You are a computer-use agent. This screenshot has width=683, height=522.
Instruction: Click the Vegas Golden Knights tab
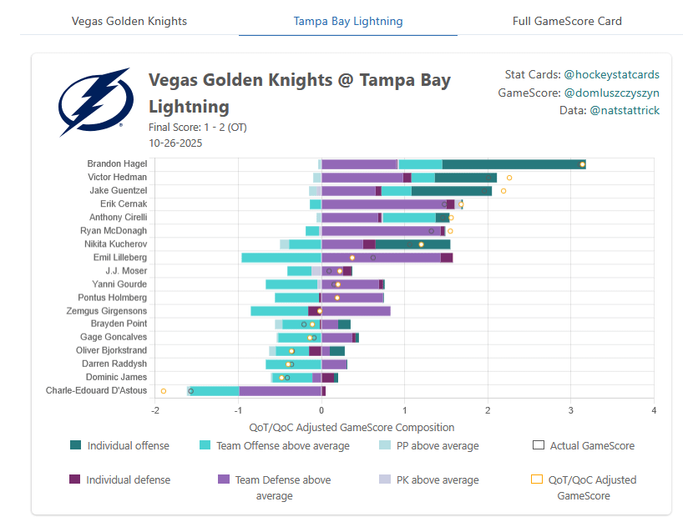(x=129, y=21)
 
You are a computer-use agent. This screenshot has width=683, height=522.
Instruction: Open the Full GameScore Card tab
(x=567, y=21)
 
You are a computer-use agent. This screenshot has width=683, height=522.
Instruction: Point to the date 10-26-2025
(x=175, y=143)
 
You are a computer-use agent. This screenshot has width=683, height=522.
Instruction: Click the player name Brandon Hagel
(x=117, y=164)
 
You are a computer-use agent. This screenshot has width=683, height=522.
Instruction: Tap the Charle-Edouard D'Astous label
(x=96, y=390)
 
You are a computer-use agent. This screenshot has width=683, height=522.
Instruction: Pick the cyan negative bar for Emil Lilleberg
(x=281, y=258)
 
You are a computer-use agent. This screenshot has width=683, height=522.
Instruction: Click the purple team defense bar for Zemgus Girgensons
(x=356, y=311)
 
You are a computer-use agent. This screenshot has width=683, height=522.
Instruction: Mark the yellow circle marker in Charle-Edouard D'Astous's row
(x=164, y=390)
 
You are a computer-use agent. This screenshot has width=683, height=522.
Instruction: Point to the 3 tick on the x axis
(x=571, y=410)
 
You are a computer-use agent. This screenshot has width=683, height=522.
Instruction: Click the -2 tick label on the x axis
(x=155, y=410)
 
